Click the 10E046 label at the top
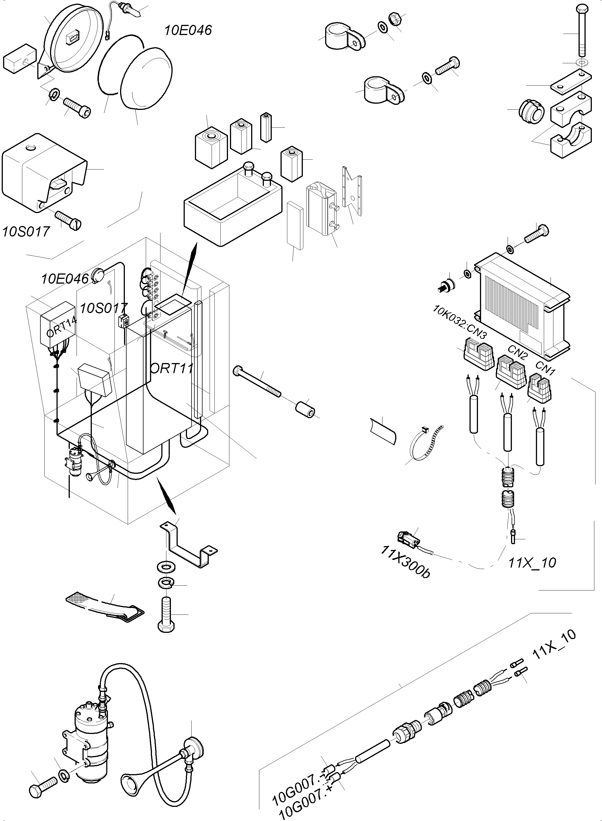click(188, 30)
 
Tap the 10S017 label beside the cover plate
click(25, 231)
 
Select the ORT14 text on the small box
click(62, 327)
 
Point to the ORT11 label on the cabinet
click(171, 368)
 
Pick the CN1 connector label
click(545, 368)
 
